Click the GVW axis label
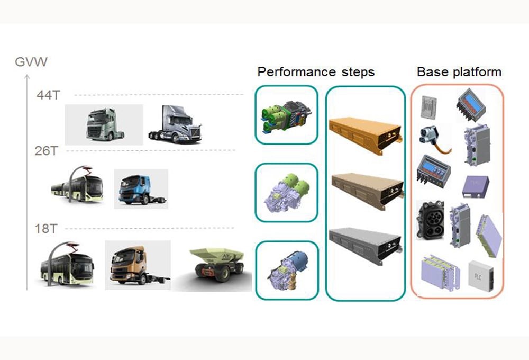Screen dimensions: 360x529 31,61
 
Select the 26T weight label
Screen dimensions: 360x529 46,151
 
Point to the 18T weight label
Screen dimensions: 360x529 46,229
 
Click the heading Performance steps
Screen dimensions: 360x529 316,72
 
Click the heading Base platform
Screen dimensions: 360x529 459,72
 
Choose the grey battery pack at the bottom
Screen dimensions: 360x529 364,243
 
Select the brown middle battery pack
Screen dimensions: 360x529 364,189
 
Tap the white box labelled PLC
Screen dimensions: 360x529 480,276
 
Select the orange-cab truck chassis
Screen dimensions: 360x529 136,265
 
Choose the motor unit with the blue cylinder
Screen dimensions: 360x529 286,268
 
